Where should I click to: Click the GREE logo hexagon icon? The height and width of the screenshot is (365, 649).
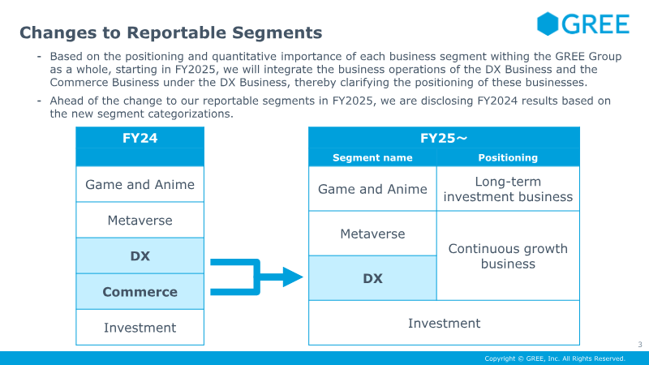[549, 24]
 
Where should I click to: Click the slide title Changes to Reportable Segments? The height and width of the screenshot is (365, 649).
[170, 32]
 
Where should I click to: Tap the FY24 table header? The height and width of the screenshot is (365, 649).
[140, 138]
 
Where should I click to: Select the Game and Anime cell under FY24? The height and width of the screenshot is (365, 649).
[140, 184]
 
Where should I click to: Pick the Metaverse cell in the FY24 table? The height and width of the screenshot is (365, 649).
[140, 220]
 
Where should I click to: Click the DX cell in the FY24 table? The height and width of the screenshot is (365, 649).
[140, 256]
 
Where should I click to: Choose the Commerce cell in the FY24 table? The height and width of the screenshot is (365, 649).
[140, 292]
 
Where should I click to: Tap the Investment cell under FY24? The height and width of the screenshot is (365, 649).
[140, 328]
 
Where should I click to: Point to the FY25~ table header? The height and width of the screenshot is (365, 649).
[444, 138]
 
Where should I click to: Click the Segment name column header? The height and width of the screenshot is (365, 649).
[372, 157]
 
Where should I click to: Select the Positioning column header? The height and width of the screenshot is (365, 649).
[508, 157]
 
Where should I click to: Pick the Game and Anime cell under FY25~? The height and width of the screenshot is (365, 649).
[372, 189]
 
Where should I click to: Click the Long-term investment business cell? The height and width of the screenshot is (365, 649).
[508, 189]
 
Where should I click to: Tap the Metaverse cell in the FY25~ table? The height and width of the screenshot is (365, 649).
[372, 234]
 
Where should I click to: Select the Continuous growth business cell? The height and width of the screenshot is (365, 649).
[508, 256]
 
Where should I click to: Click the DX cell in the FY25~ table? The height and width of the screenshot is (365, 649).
[372, 278]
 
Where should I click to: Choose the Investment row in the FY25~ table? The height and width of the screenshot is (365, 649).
[444, 323]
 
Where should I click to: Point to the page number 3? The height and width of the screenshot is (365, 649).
[639, 344]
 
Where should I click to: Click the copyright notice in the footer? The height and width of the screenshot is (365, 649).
[555, 359]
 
